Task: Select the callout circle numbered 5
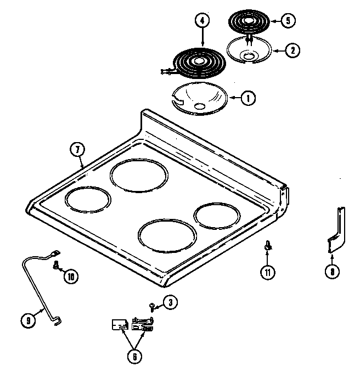pos(288,21)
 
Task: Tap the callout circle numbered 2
pos(292,50)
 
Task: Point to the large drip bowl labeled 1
pos(198,99)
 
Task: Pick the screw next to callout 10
pos(56,266)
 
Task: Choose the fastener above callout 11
pos(267,247)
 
